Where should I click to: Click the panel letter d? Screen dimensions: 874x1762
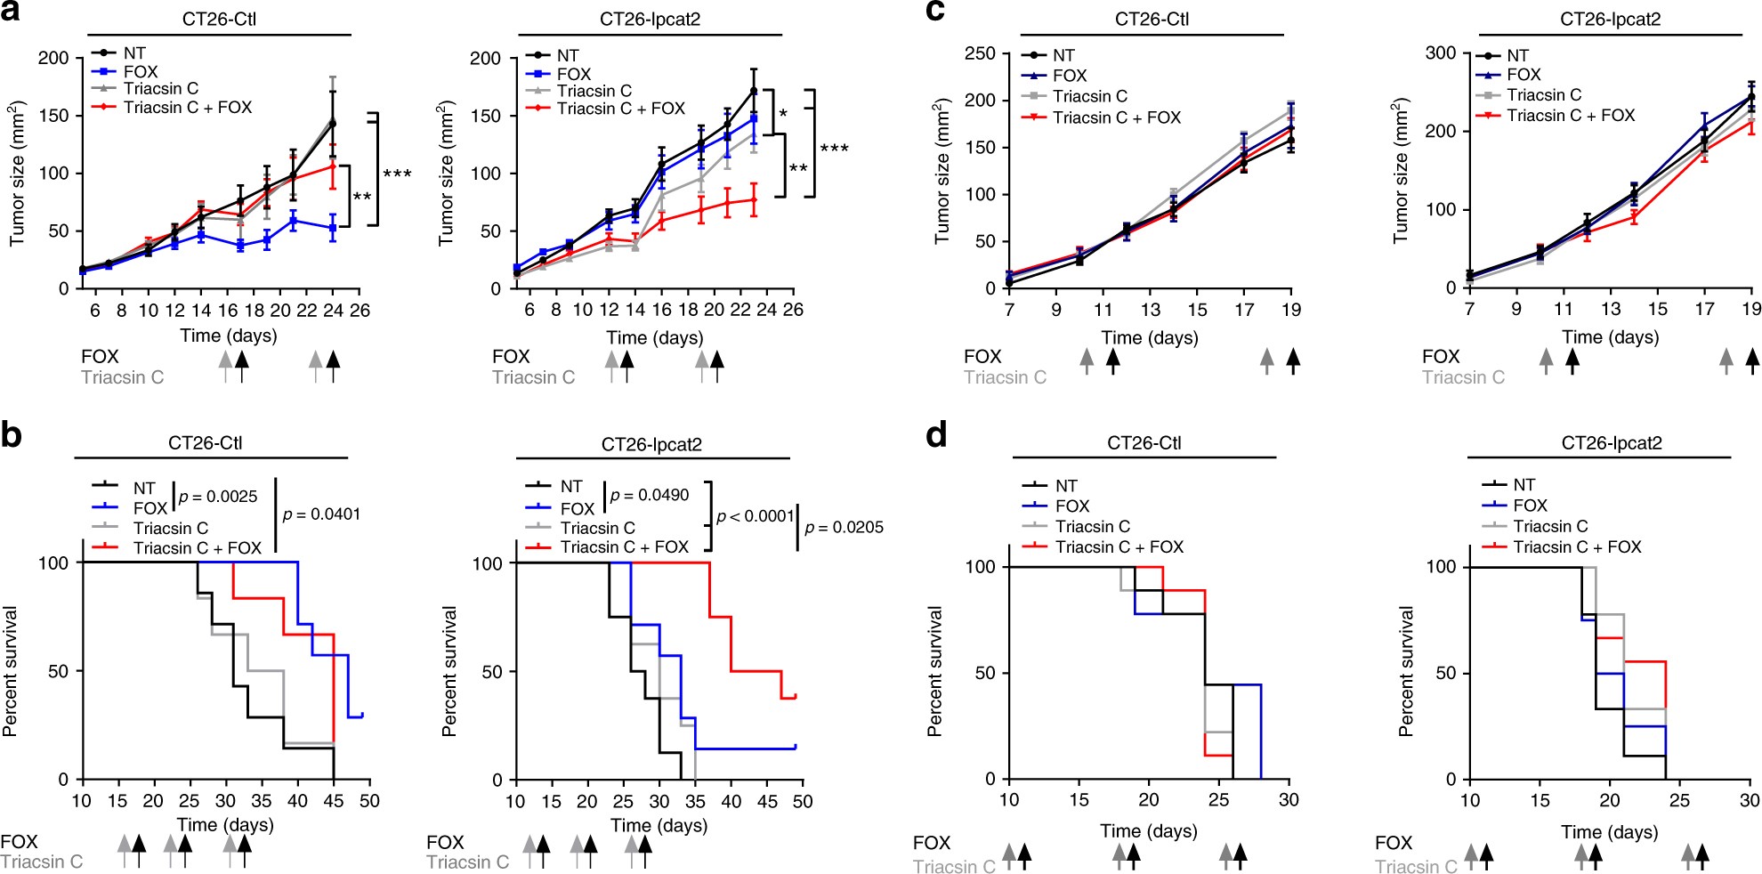point(936,435)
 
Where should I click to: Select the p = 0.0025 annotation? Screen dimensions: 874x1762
point(218,497)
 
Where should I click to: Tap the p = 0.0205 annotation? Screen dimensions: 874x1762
point(844,528)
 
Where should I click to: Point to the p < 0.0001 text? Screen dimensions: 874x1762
point(755,517)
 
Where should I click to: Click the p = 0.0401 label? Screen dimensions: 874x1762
point(321,514)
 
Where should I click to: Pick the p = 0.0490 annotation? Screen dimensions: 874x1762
point(650,496)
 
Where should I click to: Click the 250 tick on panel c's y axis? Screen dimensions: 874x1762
point(980,53)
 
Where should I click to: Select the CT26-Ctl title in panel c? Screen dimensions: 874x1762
point(1152,20)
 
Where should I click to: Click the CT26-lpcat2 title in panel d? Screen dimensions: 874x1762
point(1612,443)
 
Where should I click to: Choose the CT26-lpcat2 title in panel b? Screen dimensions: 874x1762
point(651,445)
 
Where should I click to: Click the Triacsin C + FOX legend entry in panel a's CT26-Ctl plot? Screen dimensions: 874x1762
point(187,108)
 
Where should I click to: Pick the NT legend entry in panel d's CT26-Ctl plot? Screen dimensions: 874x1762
point(1066,486)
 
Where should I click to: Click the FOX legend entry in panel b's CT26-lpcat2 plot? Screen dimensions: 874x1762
point(577,509)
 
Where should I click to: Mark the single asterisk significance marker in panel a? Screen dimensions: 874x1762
point(783,114)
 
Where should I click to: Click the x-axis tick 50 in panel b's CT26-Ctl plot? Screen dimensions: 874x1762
point(369,801)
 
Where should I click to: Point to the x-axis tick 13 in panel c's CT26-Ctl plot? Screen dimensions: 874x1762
point(1150,310)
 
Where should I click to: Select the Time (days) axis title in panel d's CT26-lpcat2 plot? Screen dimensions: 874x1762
point(1609,832)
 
